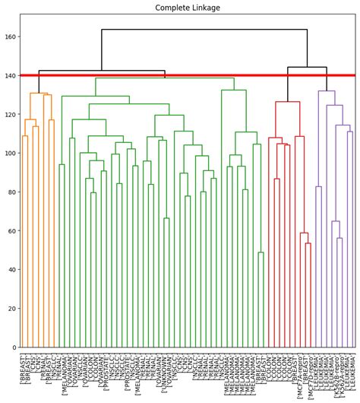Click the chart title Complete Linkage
[188, 8]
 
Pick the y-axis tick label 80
[11, 192]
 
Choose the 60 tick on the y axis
[11, 231]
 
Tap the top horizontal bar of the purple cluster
[327, 91]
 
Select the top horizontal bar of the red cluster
[287, 102]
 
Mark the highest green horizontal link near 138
[175, 78]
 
